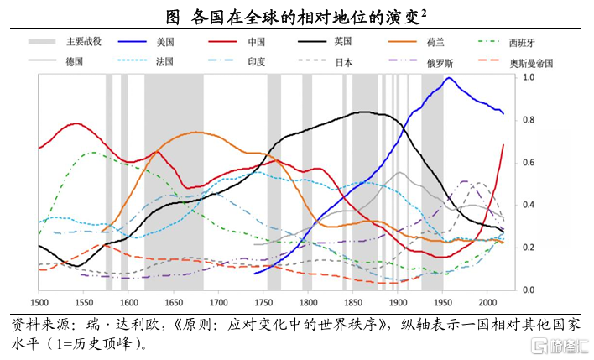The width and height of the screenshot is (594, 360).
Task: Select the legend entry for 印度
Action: click(257, 62)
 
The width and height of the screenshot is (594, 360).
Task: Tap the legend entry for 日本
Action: click(344, 62)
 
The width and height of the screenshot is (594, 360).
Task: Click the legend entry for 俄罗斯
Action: click(435, 62)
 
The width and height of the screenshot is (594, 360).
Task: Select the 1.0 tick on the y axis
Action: click(528, 77)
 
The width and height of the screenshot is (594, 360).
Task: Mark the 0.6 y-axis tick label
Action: click(528, 163)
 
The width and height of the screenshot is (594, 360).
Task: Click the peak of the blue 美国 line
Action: click(449, 78)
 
